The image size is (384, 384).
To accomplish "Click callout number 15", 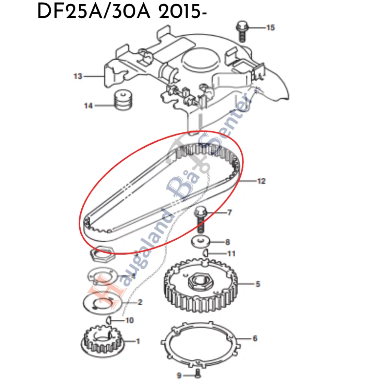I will point(270,27).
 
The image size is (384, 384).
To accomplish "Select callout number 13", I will point(78,76).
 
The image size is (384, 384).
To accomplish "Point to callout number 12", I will point(261,181).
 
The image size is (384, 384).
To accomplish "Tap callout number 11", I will point(231,254).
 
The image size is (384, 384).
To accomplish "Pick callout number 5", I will point(258,284).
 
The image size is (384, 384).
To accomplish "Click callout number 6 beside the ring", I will point(255,339).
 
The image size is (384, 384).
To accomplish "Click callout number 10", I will point(129,321).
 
